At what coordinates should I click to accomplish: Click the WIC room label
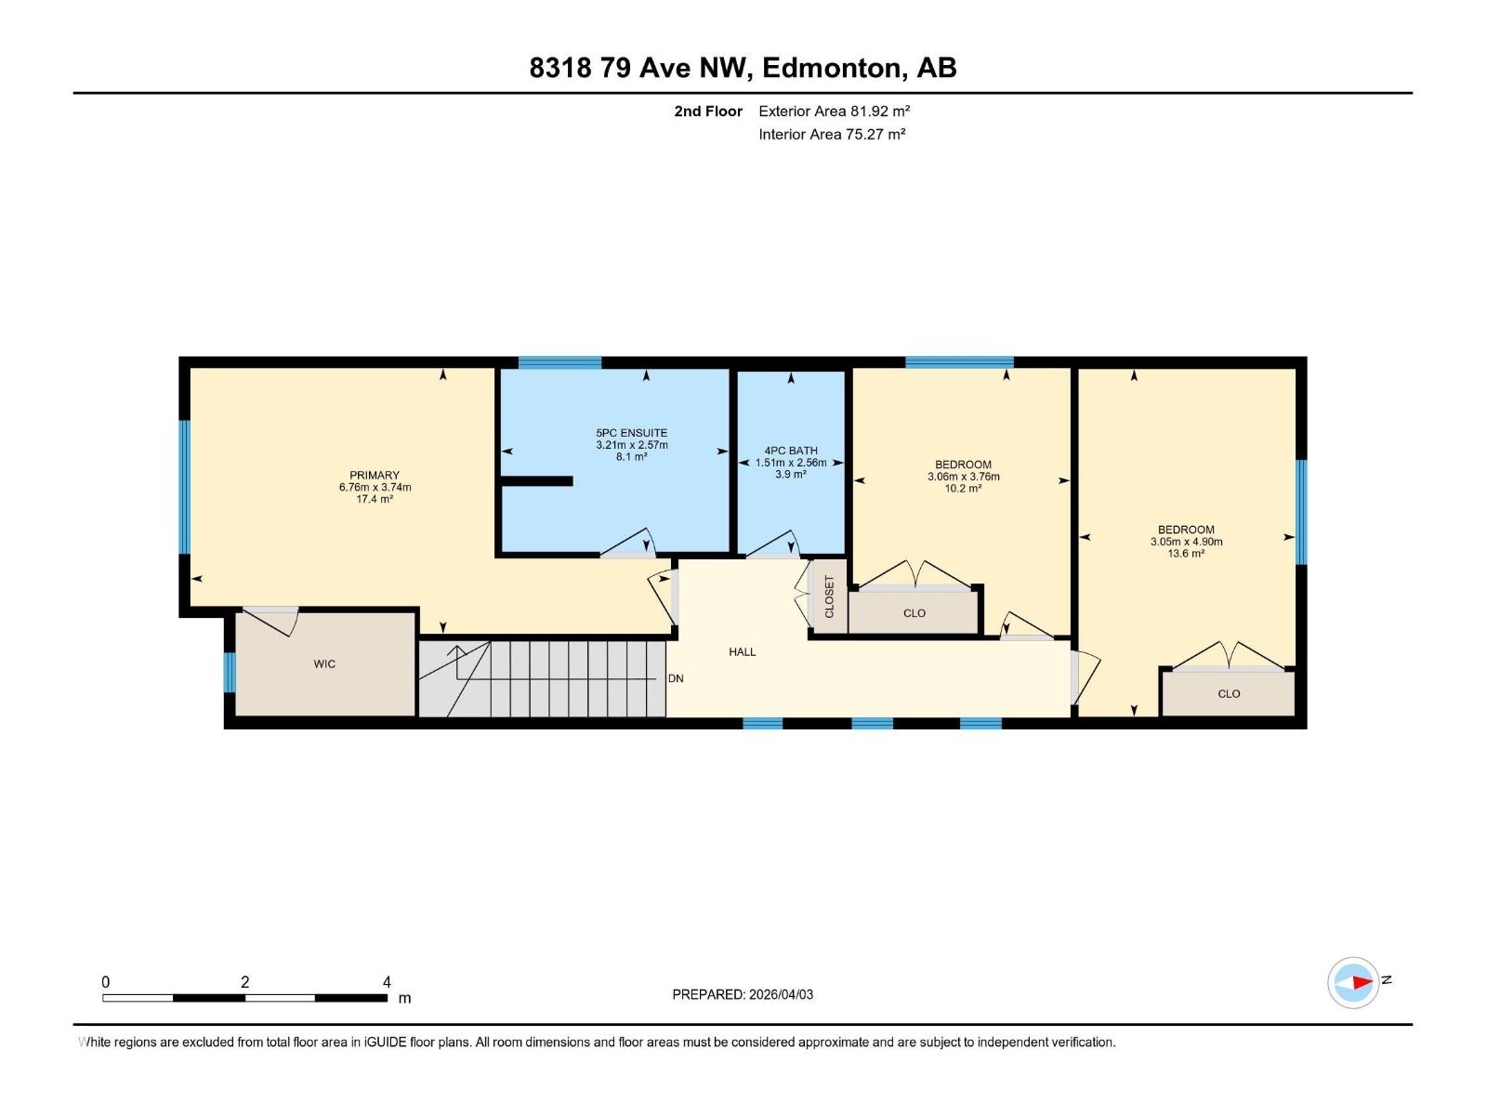click(x=324, y=664)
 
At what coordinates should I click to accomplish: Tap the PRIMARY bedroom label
click(x=375, y=475)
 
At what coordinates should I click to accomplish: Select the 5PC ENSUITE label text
click(x=631, y=433)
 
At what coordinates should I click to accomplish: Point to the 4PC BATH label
click(x=791, y=451)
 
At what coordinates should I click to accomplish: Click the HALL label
click(x=742, y=652)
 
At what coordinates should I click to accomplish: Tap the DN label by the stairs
click(x=676, y=678)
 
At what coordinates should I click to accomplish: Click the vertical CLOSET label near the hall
click(x=829, y=597)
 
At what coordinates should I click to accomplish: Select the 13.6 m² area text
click(x=1186, y=554)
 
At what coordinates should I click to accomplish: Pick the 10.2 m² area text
click(x=963, y=489)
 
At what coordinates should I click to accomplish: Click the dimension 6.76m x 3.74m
click(x=375, y=487)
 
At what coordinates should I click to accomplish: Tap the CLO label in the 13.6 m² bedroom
click(x=1229, y=694)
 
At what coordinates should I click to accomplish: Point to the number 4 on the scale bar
click(x=387, y=982)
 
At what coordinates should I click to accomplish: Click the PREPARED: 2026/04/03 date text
click(x=743, y=994)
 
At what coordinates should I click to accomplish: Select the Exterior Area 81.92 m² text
click(x=834, y=111)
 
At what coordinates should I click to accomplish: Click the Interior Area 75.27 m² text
click(x=832, y=134)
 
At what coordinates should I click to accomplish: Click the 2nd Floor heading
click(x=708, y=111)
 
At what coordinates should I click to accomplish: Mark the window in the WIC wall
click(x=230, y=672)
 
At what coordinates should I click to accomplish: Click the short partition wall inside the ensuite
click(x=536, y=480)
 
